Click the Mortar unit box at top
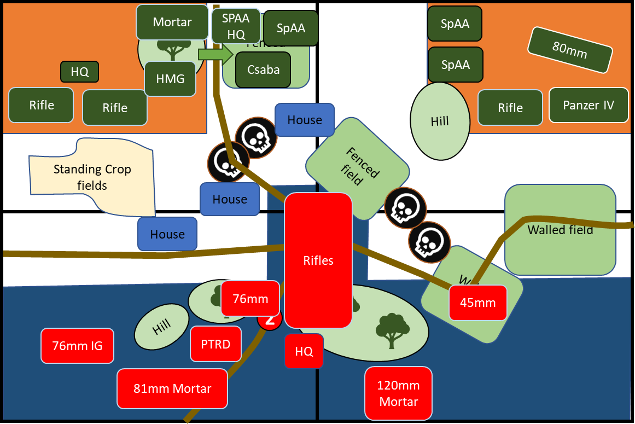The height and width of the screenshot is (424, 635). pyautogui.click(x=172, y=22)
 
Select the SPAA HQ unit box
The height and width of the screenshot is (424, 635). pyautogui.click(x=236, y=26)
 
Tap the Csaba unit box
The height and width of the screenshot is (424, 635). pyautogui.click(x=263, y=69)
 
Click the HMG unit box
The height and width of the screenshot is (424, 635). pyautogui.click(x=170, y=79)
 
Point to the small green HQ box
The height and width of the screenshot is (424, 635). pyautogui.click(x=79, y=72)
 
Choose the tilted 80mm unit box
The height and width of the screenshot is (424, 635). pyautogui.click(x=569, y=50)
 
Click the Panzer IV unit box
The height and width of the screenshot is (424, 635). pyautogui.click(x=589, y=105)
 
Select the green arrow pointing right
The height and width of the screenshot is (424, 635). pyautogui.click(x=215, y=54)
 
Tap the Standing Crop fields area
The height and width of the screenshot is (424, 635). pyautogui.click(x=92, y=177)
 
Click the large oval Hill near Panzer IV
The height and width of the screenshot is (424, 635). pyautogui.click(x=440, y=121)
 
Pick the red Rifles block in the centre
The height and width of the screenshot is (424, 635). pyautogui.click(x=318, y=260)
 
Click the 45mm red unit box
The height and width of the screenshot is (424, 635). pyautogui.click(x=477, y=303)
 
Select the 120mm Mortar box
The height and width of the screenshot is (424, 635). pyautogui.click(x=398, y=393)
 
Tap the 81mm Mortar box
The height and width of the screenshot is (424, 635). pyautogui.click(x=172, y=388)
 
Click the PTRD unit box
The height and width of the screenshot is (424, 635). pyautogui.click(x=216, y=344)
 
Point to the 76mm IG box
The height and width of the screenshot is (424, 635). pyautogui.click(x=77, y=346)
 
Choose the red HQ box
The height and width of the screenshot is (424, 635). pyautogui.click(x=304, y=351)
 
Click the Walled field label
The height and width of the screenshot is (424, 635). pyautogui.click(x=560, y=230)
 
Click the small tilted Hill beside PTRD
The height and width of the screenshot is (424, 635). pyautogui.click(x=161, y=327)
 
